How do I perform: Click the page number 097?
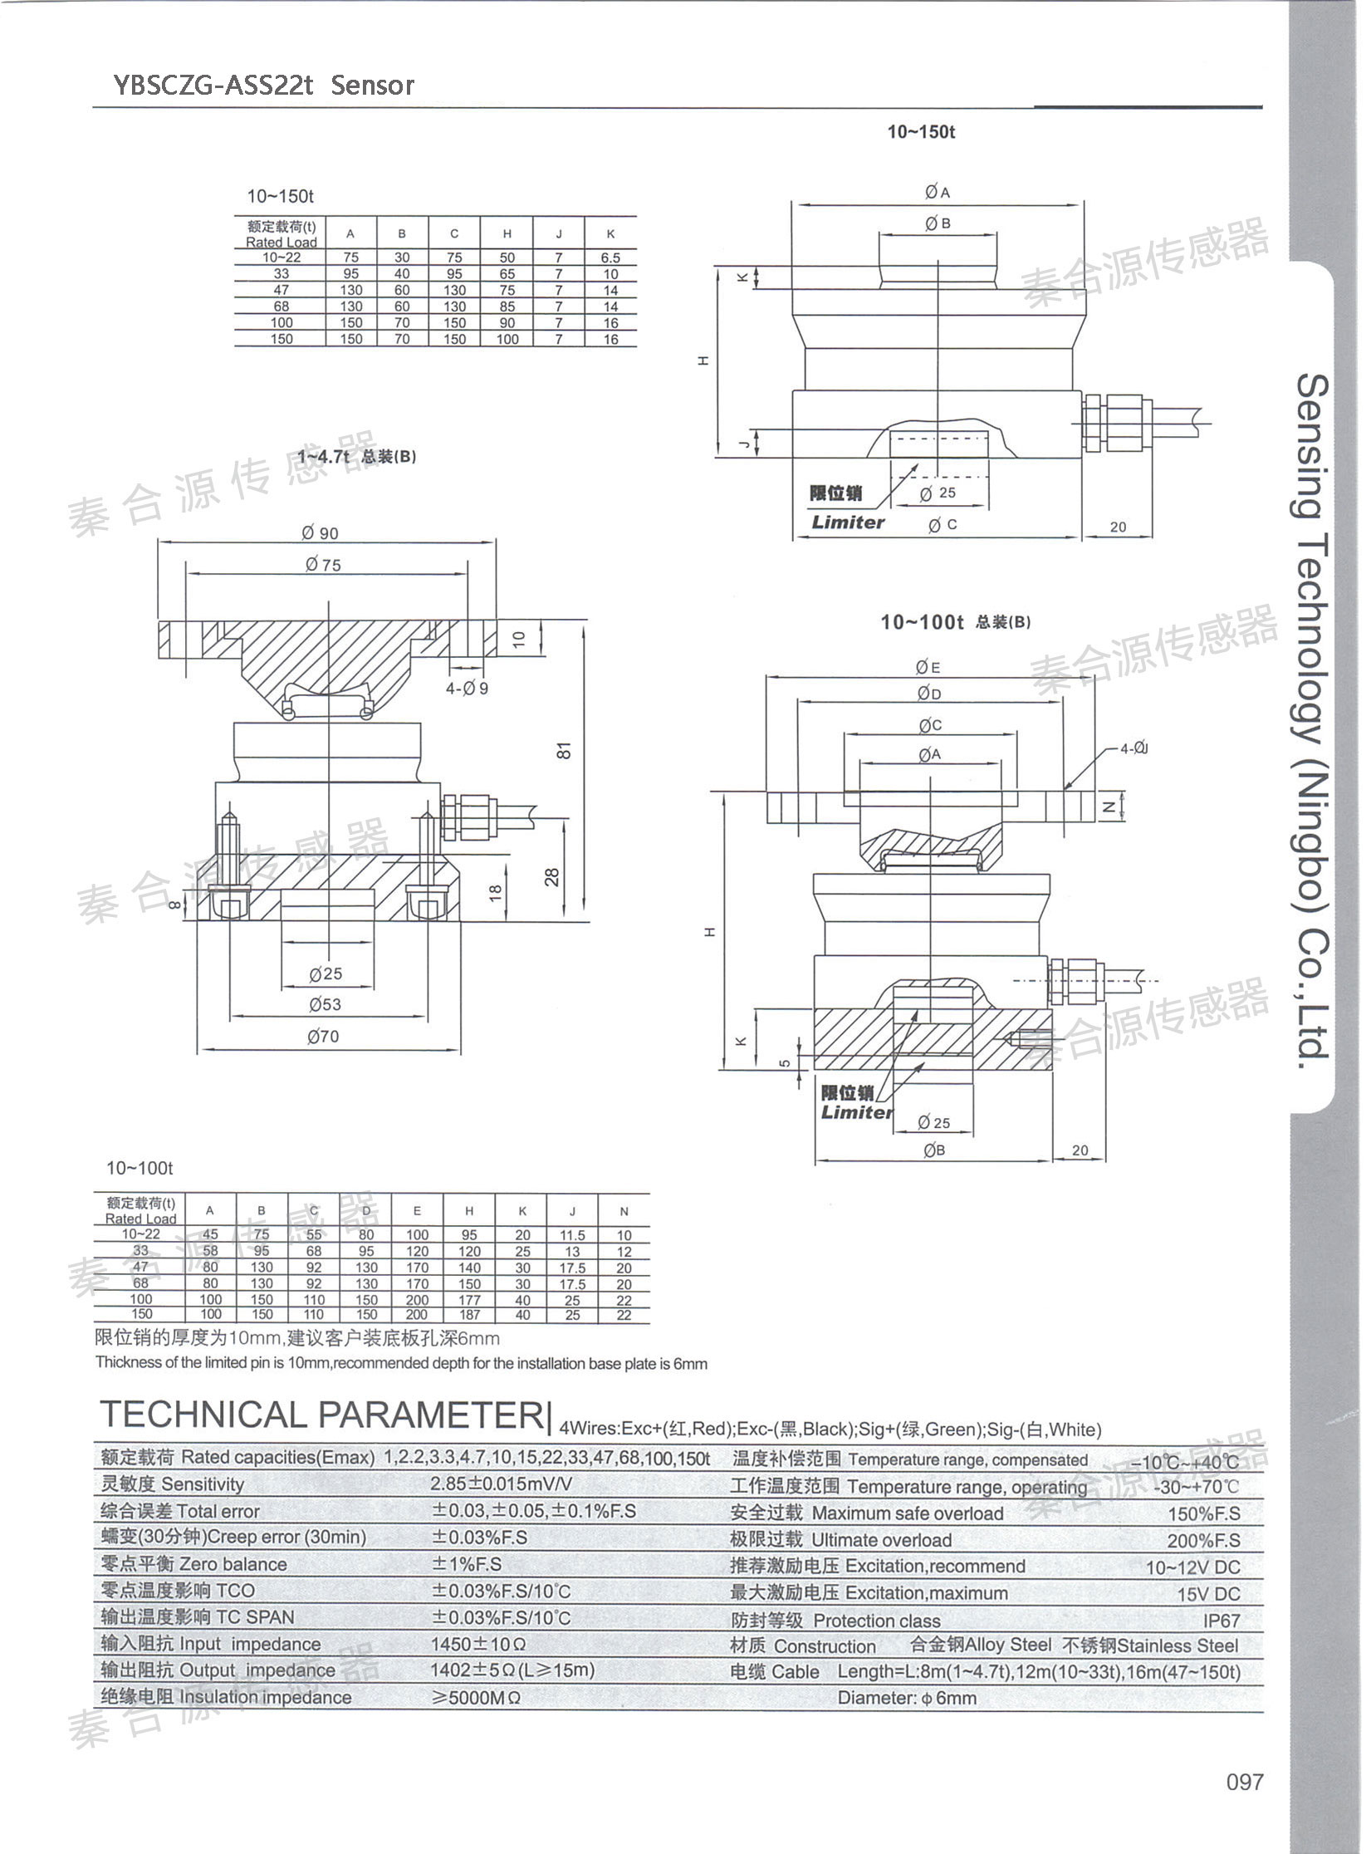click(x=1244, y=1804)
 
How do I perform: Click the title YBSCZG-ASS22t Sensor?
click(x=263, y=85)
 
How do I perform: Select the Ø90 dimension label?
click(x=321, y=533)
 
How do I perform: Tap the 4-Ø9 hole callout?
click(x=467, y=689)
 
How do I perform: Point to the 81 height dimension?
click(x=566, y=749)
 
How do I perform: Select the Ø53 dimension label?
click(x=325, y=1004)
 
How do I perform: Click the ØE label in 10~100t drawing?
click(x=928, y=667)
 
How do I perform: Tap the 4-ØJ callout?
click(x=1134, y=749)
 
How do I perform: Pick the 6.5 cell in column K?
click(x=610, y=257)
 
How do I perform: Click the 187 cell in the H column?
click(x=469, y=1315)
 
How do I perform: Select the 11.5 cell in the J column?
click(x=572, y=1235)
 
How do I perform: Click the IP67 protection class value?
click(x=1221, y=1621)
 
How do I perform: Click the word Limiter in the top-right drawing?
click(x=848, y=522)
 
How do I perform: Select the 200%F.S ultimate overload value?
click(x=1203, y=1541)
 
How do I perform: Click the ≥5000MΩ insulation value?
click(x=476, y=1698)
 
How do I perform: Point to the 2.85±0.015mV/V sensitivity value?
click(x=501, y=1484)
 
